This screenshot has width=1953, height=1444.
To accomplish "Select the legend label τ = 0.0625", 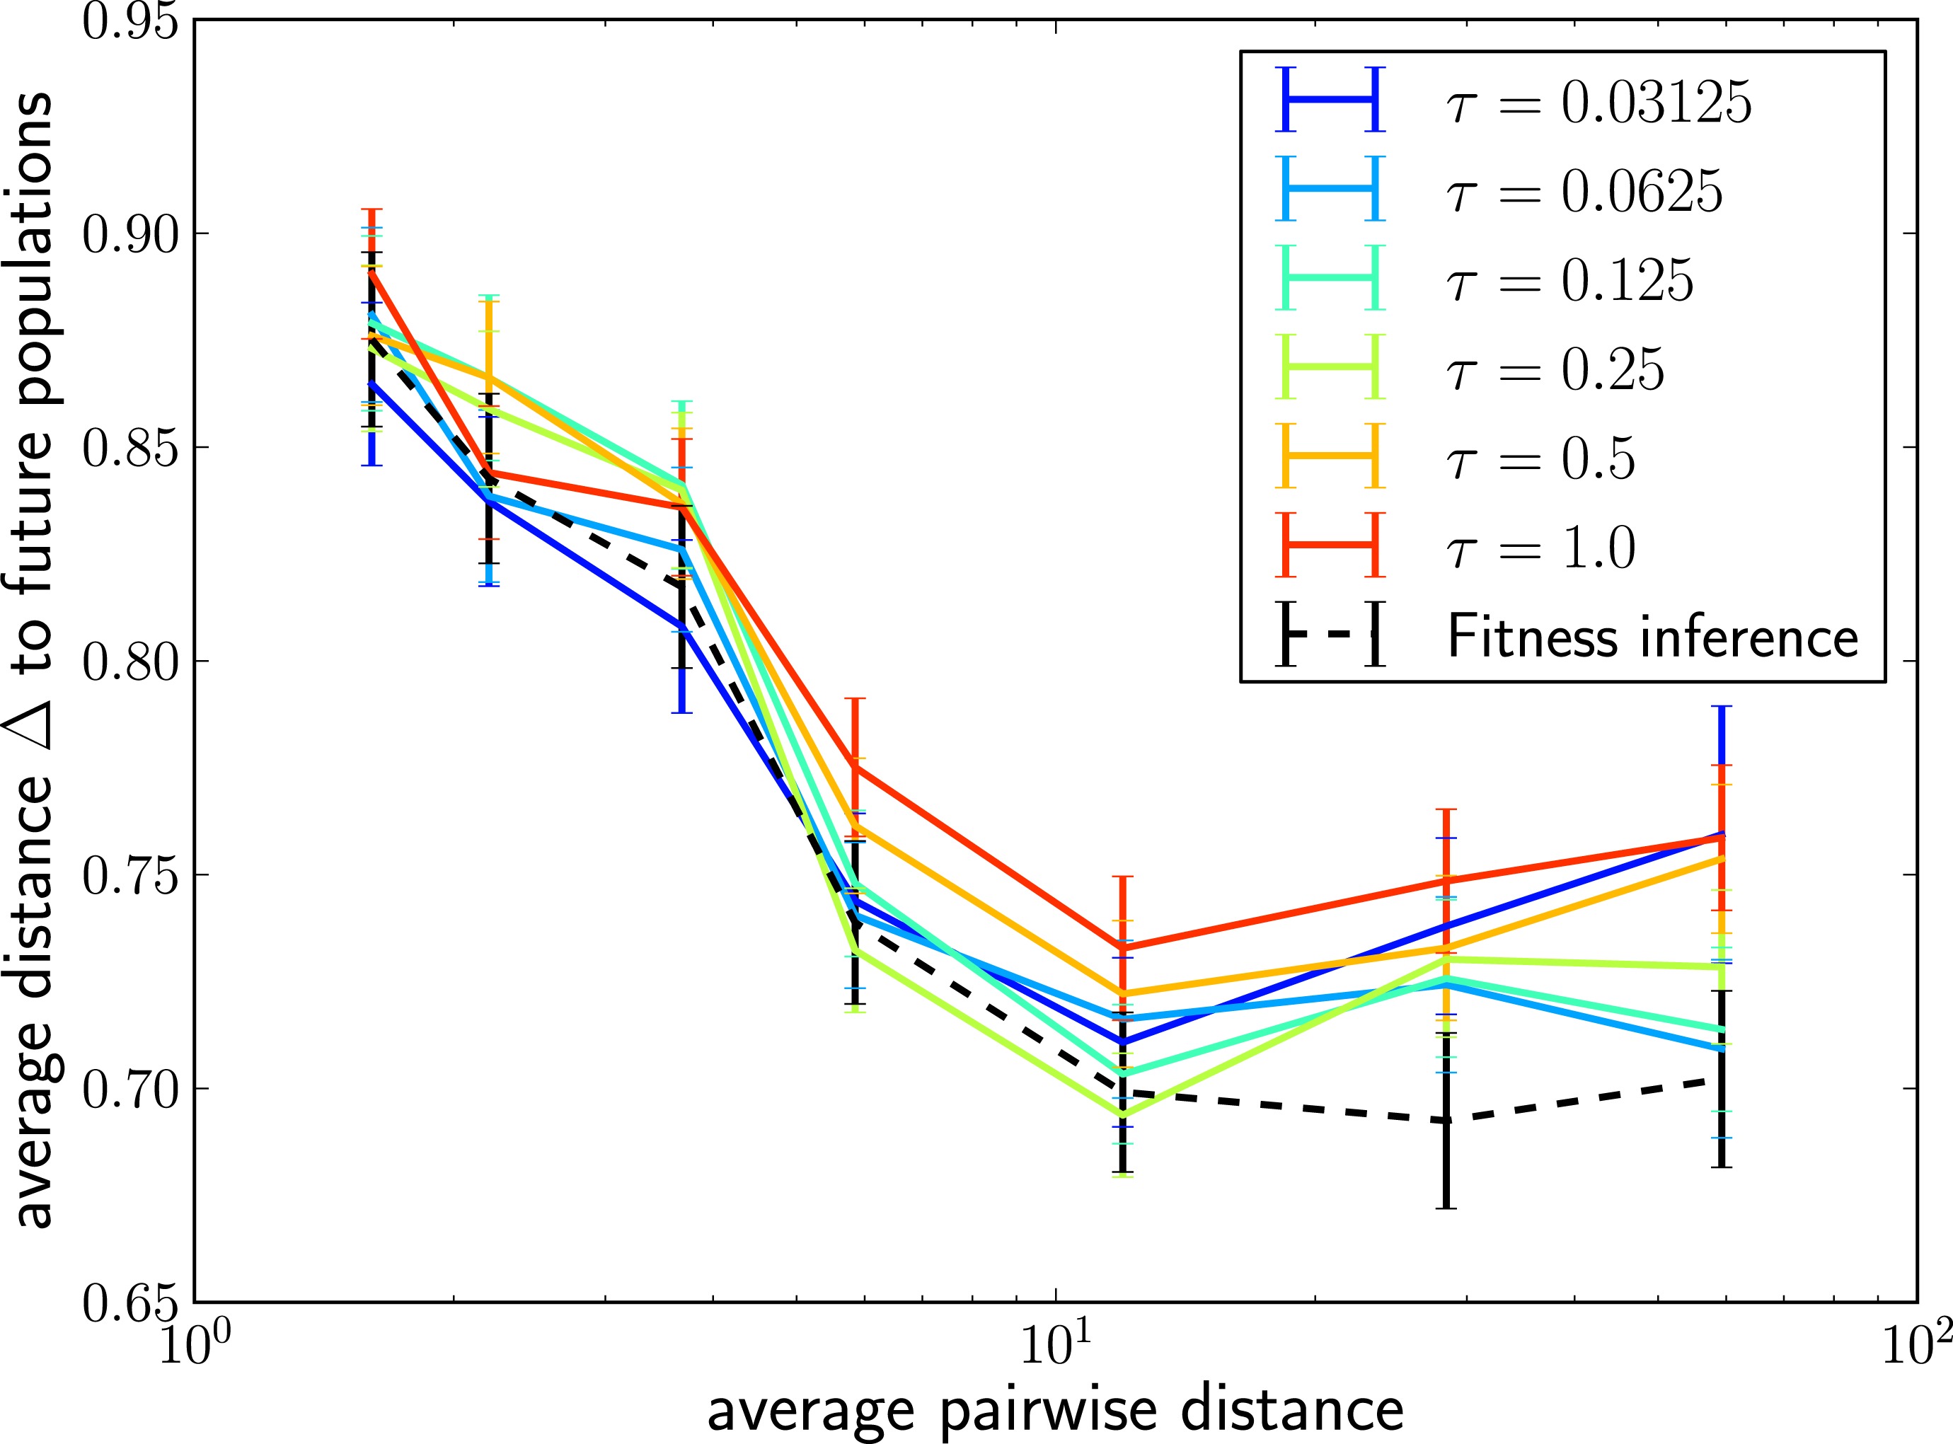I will [1583, 192].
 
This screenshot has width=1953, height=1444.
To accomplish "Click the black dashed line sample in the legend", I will [1330, 635].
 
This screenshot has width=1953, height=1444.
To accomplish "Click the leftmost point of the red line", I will [372, 272].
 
